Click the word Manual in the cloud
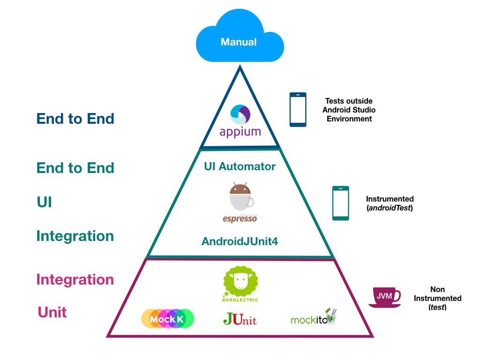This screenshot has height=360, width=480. point(239,42)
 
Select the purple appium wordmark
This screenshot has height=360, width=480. point(240,132)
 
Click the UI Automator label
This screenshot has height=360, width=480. point(240,166)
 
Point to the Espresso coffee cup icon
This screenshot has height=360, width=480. point(241,197)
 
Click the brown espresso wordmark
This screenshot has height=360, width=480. point(240,218)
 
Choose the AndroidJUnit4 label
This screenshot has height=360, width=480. point(240,241)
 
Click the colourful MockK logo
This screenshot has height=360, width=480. point(167,319)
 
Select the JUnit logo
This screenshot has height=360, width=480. point(240,319)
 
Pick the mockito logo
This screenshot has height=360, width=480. point(313,317)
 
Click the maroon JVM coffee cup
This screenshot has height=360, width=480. point(384,297)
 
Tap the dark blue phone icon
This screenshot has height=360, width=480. point(298,110)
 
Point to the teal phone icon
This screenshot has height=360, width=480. point(341,203)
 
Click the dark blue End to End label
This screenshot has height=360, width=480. point(75,119)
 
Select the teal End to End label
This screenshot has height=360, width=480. point(75,168)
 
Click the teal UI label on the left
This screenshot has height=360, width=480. point(44,202)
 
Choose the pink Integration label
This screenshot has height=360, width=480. point(75,279)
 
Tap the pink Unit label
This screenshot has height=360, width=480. point(52,312)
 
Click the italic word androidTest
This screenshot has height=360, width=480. point(390,208)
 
